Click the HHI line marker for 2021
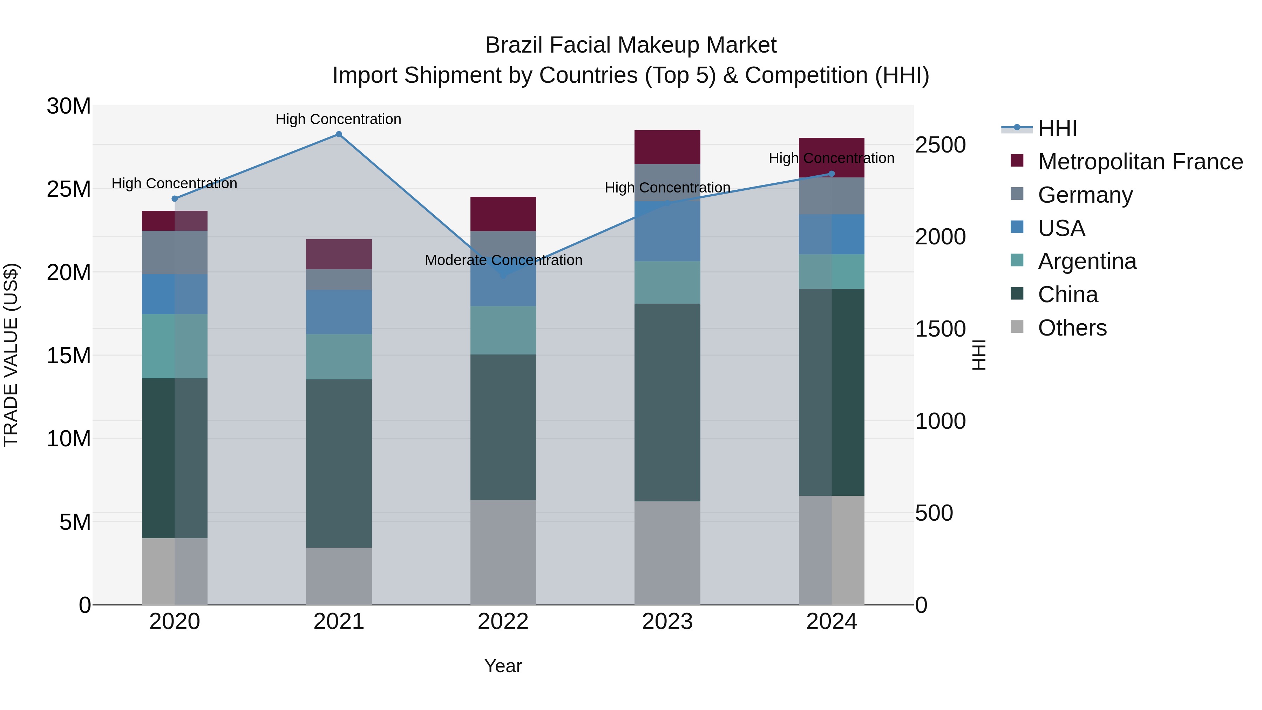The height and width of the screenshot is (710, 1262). tap(339, 134)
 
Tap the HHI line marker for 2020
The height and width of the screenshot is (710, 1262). tap(175, 198)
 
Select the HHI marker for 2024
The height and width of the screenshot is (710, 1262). tap(832, 174)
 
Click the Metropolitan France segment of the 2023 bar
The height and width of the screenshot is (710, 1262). tap(667, 147)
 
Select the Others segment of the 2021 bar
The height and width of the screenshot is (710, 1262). tap(339, 576)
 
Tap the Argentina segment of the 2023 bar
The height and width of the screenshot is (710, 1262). tap(667, 282)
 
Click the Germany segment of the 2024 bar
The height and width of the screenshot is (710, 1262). tap(832, 196)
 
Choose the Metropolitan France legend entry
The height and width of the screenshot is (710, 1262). tap(1140, 162)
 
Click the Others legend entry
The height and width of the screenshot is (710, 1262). tap(1072, 328)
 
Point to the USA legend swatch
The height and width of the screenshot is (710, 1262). tap(1017, 227)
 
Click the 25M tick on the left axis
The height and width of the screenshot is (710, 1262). tap(69, 189)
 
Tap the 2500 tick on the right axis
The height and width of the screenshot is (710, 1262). tap(940, 145)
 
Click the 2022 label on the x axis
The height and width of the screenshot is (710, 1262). tap(503, 622)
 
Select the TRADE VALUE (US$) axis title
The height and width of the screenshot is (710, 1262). tap(11, 355)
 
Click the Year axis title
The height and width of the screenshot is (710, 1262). tap(503, 666)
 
